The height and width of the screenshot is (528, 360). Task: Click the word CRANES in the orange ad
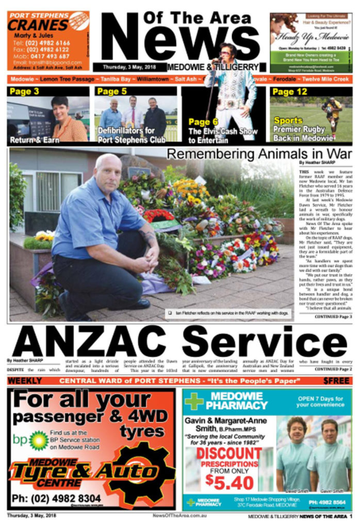tap(38, 25)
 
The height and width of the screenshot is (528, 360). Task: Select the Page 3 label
tap(25, 92)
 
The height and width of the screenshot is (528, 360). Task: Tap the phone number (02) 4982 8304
tap(57, 499)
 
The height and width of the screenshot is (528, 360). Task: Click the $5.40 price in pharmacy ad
tap(230, 482)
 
